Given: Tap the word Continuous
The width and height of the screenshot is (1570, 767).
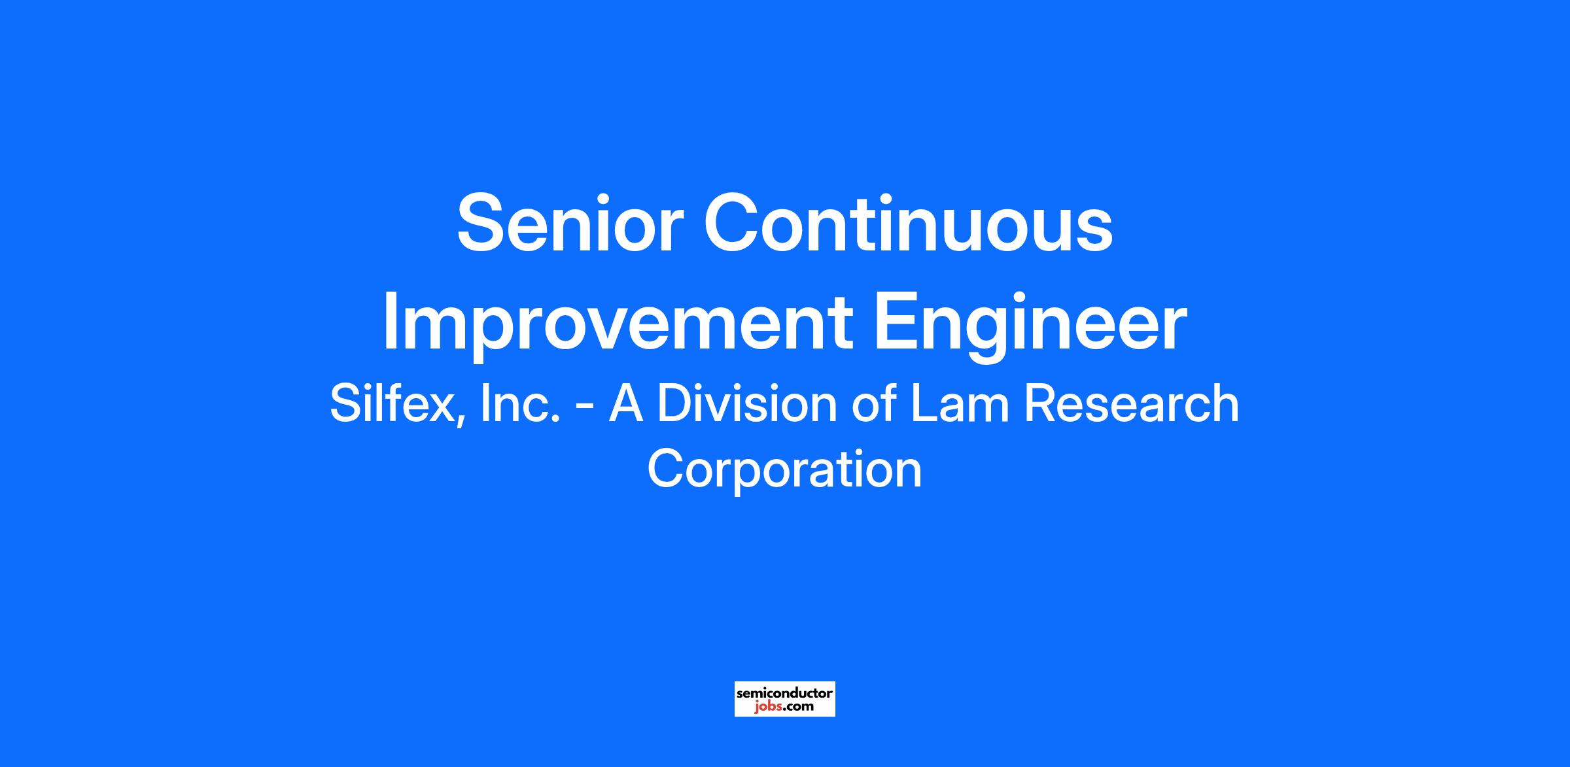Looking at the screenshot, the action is tap(908, 222).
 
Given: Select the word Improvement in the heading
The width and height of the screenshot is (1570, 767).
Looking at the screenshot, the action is tap(618, 323).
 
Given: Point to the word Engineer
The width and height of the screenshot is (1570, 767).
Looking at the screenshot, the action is tap(1030, 323).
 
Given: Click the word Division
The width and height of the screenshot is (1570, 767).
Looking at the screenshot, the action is tap(746, 404).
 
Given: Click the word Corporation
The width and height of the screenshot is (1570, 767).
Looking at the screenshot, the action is tap(784, 469).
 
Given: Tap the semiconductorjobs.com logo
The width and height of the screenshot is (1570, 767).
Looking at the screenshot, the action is tap(784, 699).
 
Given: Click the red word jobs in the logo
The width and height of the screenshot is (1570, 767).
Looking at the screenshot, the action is tap(767, 707).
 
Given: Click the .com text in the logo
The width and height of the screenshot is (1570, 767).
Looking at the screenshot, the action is tap(797, 707).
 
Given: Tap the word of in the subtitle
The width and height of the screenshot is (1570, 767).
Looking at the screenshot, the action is tap(873, 404).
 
